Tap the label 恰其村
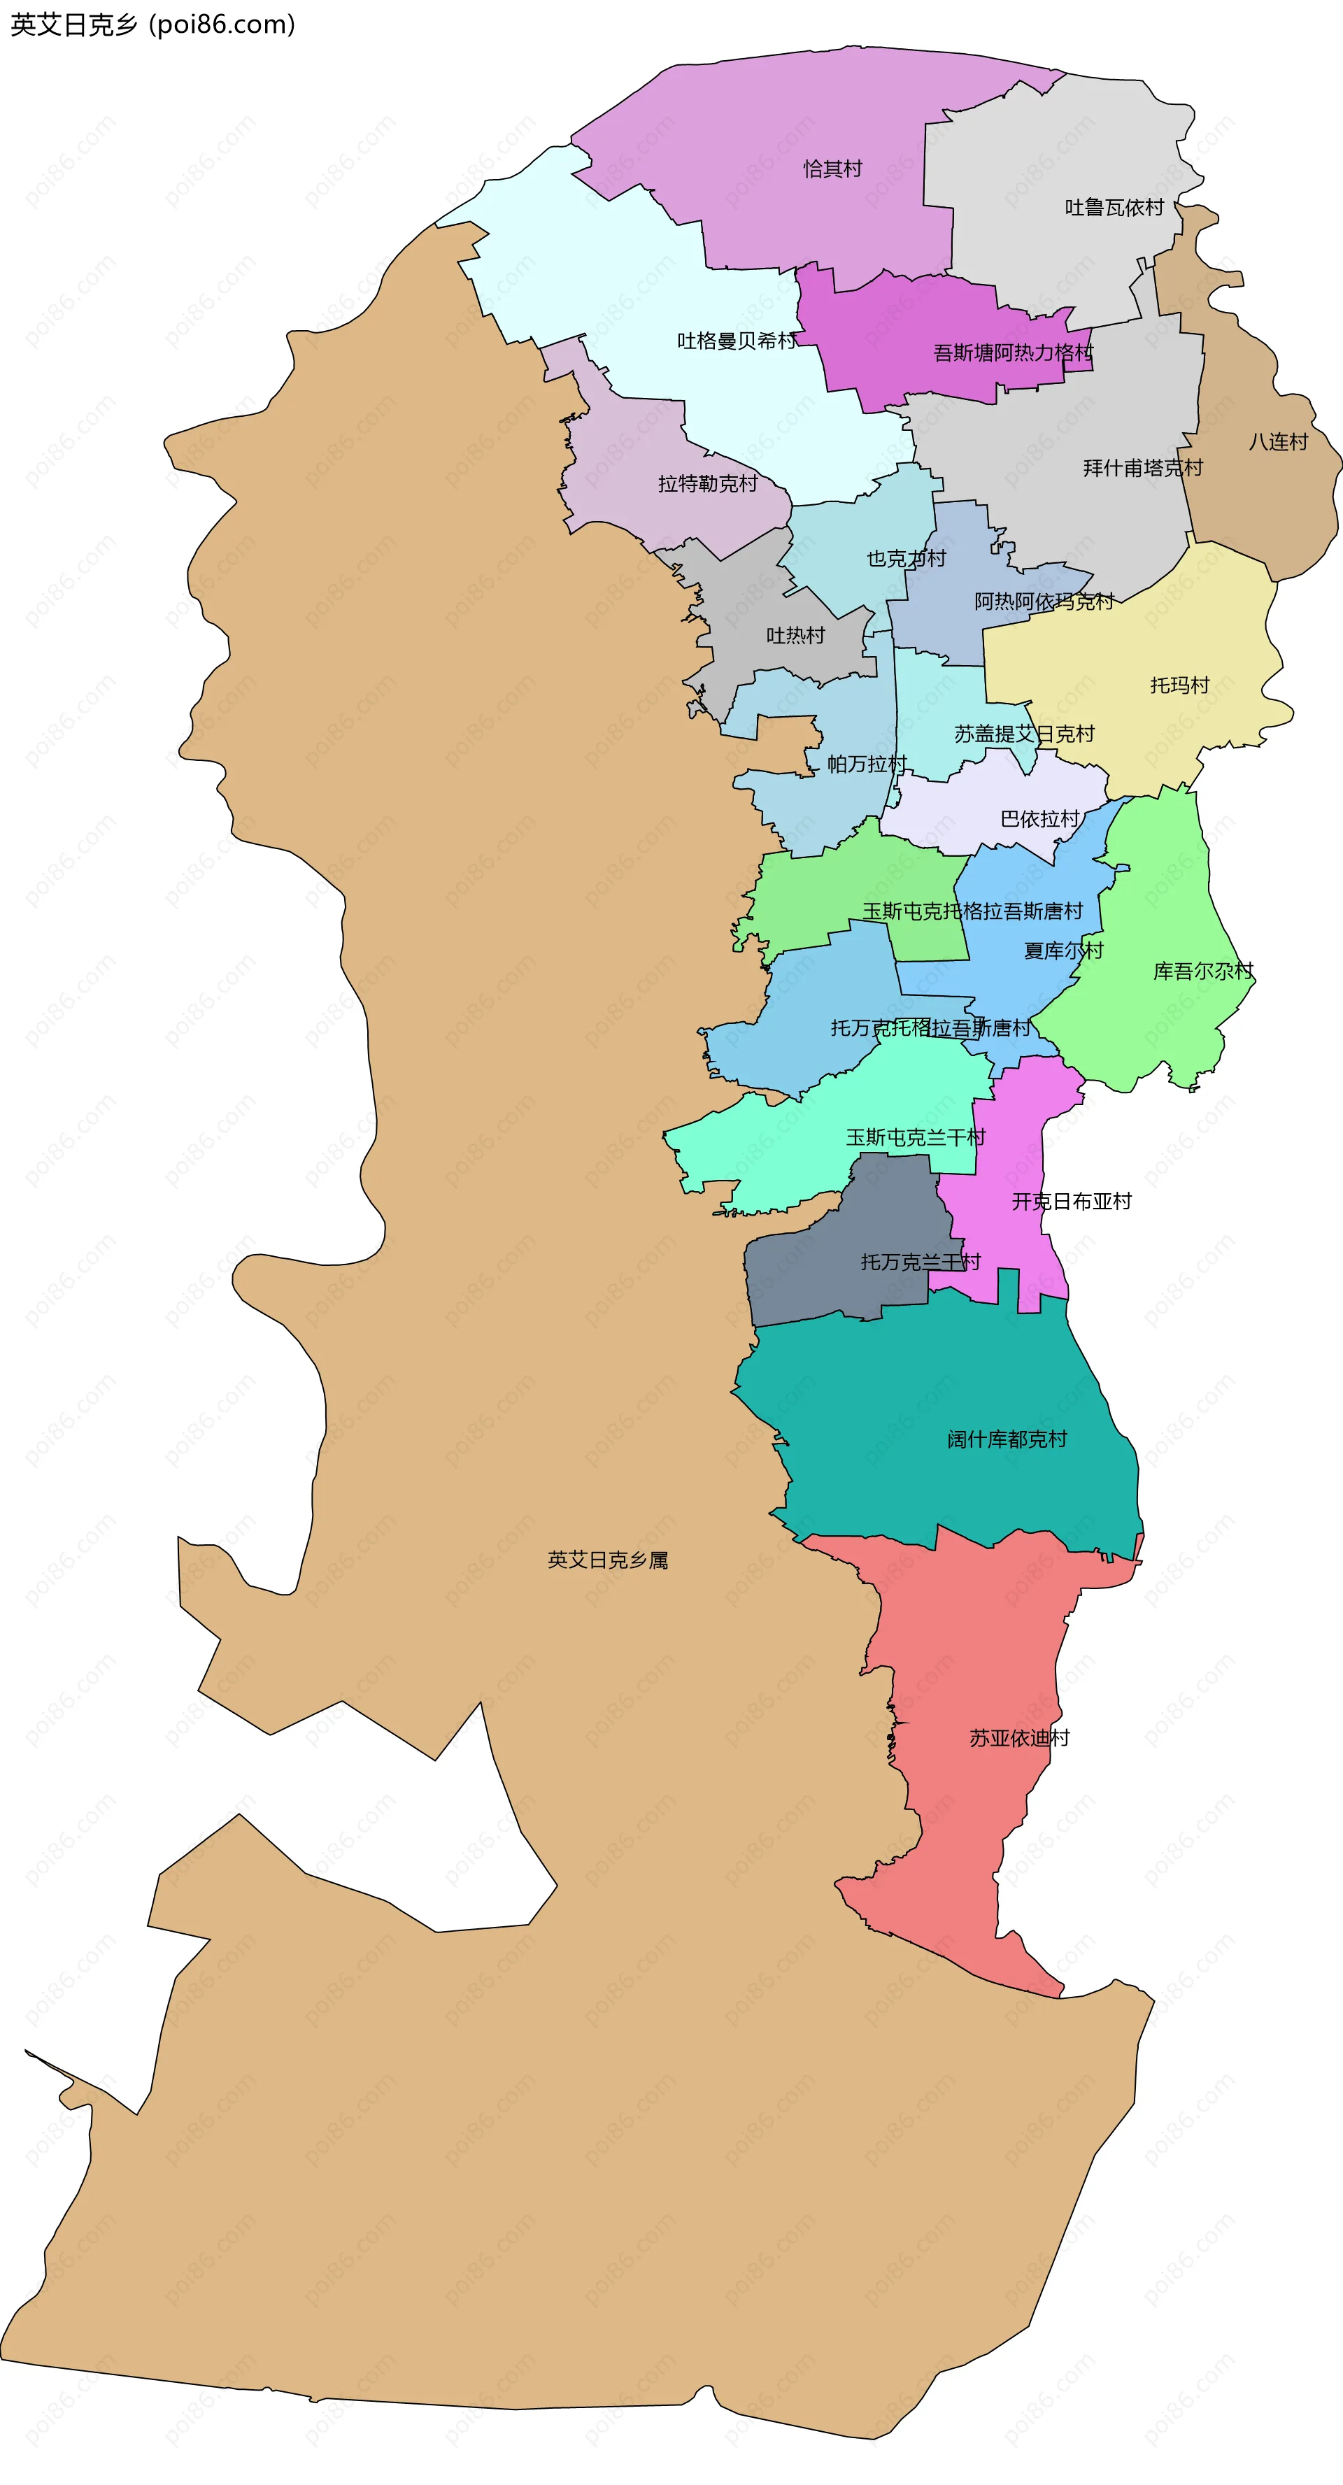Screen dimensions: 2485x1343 (x=832, y=169)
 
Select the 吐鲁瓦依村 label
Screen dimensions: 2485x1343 (x=1114, y=208)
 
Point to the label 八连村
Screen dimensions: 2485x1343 (x=1279, y=442)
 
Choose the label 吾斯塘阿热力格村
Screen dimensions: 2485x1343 (x=1013, y=353)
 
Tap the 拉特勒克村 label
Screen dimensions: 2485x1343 (x=707, y=483)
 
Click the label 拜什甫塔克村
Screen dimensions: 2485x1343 (x=1143, y=468)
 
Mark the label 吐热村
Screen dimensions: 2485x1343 (x=795, y=635)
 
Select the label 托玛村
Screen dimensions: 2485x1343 (x=1179, y=685)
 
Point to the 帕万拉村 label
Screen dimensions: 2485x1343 (x=867, y=764)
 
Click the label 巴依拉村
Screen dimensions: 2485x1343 (x=1040, y=819)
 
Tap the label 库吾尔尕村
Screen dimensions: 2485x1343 (x=1203, y=971)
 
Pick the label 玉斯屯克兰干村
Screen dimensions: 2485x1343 (x=916, y=1137)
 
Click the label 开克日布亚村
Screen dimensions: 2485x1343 (x=1071, y=1201)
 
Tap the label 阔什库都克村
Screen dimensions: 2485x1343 (x=1007, y=1439)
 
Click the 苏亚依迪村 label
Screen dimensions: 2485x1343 (x=1020, y=1738)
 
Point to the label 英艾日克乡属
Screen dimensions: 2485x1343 (x=608, y=1560)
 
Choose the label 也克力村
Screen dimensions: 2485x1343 (x=906, y=559)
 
